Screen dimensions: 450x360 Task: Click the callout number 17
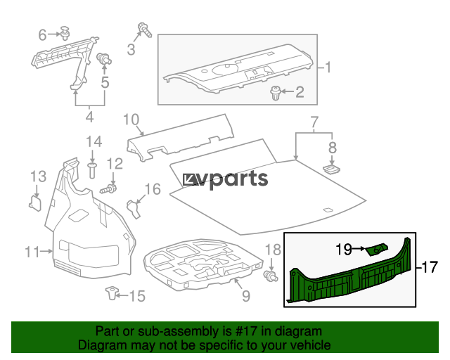tap(430, 267)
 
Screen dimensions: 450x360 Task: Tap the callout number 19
tap(344, 249)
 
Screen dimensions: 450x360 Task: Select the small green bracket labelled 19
tap(376, 250)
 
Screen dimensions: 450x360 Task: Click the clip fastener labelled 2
tap(275, 93)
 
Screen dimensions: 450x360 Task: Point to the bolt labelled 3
tap(145, 30)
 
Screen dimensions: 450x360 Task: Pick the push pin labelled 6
tap(65, 32)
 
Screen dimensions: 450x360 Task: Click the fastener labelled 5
tap(104, 59)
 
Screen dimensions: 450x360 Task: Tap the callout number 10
tap(131, 120)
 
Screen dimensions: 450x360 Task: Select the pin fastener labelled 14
tap(92, 170)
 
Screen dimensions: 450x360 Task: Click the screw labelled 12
tap(108, 189)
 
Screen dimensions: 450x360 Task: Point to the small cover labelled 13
tap(35, 202)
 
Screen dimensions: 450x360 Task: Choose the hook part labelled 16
tap(134, 208)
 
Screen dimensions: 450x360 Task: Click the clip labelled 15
tap(112, 292)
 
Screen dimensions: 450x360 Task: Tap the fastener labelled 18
tap(271, 276)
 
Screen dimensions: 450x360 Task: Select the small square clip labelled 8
tap(331, 169)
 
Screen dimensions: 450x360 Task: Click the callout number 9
tap(246, 296)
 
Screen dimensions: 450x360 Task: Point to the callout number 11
tap(32, 252)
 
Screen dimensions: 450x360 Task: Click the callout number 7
tap(314, 122)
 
